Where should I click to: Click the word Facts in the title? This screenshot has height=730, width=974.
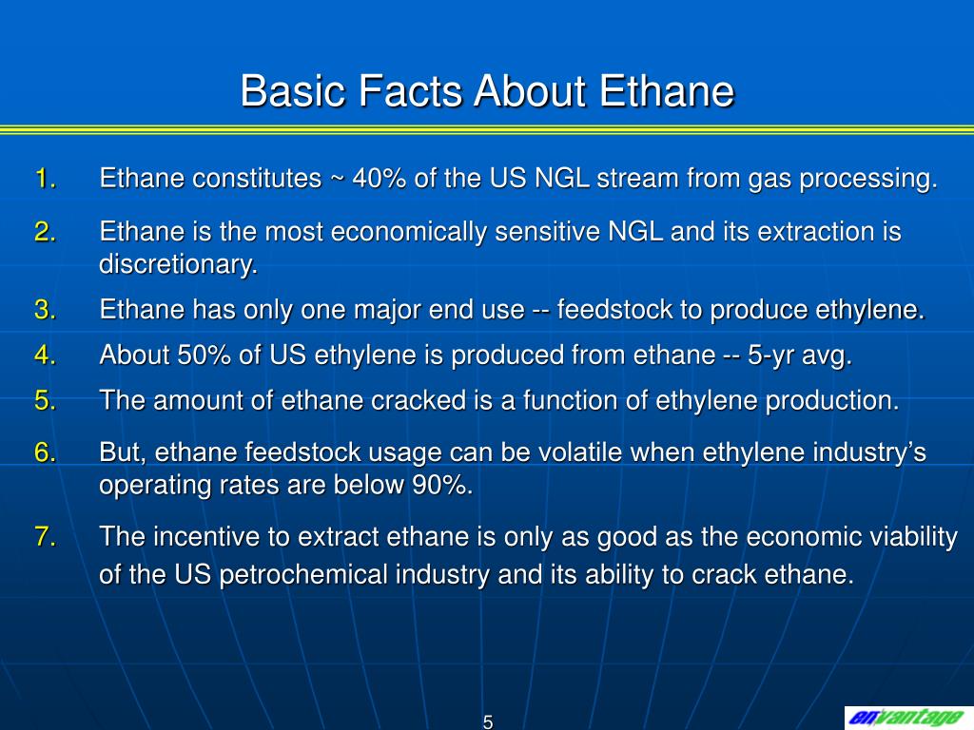click(411, 92)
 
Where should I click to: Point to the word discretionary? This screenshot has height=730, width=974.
click(178, 265)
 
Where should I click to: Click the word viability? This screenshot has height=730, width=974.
click(908, 537)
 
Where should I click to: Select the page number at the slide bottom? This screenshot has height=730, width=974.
click(487, 721)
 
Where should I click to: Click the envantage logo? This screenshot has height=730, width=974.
click(904, 717)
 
